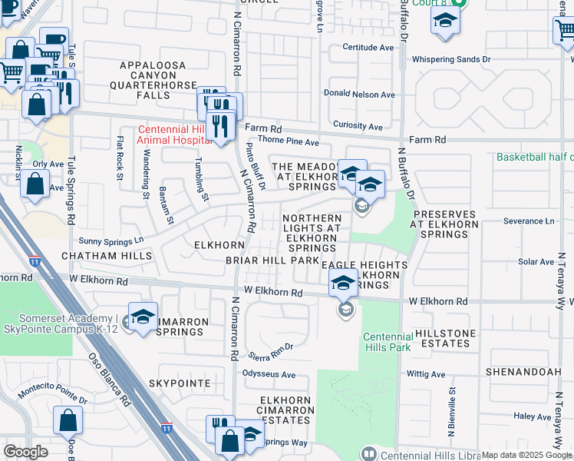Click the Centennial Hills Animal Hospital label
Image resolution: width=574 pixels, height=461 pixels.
(174, 135)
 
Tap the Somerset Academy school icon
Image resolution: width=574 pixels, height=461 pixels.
(143, 317)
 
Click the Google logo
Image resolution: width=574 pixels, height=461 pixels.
(25, 452)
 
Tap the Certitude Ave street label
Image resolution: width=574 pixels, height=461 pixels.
(368, 48)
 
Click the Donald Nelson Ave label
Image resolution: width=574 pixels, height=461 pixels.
(358, 95)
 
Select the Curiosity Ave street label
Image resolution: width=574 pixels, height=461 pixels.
(358, 126)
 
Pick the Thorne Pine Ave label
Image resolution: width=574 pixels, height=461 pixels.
(288, 142)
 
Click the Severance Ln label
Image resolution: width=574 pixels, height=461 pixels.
(528, 221)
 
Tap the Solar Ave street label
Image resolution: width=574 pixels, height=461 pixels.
(536, 262)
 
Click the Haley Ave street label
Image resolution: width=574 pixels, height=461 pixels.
(533, 416)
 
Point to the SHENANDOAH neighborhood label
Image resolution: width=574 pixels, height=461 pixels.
(523, 371)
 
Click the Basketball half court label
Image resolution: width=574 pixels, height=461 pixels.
(534, 157)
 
